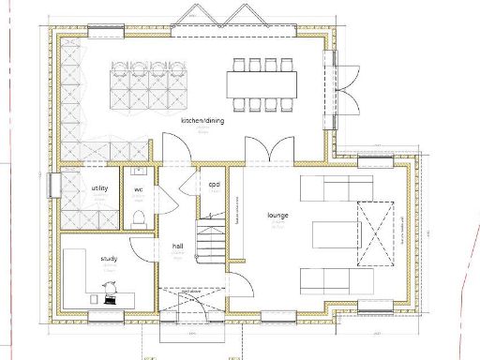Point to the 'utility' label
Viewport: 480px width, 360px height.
coord(99,188)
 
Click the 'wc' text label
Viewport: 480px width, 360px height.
coord(138,189)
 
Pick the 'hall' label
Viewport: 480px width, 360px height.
coord(177,246)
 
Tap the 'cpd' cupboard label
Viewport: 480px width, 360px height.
coord(214,184)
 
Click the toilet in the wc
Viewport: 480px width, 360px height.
coord(138,218)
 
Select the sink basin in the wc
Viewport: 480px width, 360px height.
coord(138,172)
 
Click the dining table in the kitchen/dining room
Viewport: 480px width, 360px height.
coord(262,84)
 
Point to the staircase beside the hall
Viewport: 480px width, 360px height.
coord(211,241)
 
